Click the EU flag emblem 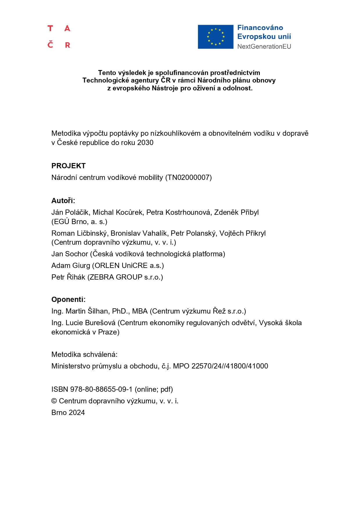215,37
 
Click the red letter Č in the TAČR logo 51,44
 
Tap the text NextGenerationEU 264,46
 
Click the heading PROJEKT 69,166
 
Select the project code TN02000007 188,177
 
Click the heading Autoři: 63,201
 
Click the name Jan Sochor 69,254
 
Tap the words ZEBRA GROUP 116,277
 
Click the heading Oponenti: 68,299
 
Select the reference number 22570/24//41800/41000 230,366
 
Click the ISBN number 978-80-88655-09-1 101,389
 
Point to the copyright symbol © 54,401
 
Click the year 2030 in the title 145,142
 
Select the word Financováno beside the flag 260,28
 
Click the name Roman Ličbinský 80,233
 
